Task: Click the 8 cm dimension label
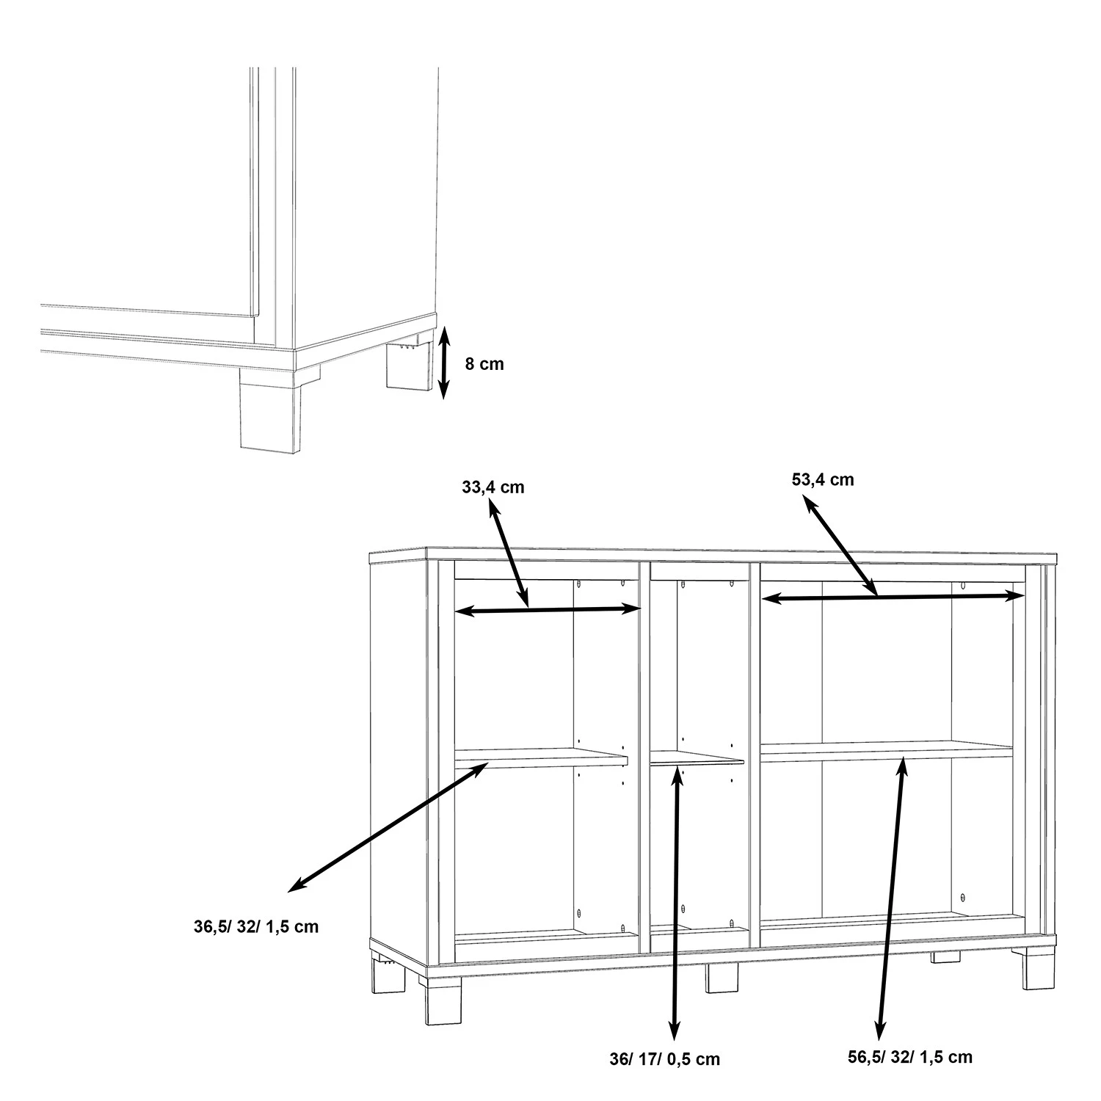click(484, 363)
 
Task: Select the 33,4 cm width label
click(493, 487)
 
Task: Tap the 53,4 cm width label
click(823, 479)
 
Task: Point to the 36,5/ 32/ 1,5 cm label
click(256, 926)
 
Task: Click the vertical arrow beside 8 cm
click(443, 364)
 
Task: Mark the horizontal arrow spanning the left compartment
click(548, 609)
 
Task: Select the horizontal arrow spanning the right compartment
click(893, 597)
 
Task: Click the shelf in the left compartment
click(541, 758)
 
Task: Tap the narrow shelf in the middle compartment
click(697, 757)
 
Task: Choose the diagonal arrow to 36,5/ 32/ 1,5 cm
click(388, 827)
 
